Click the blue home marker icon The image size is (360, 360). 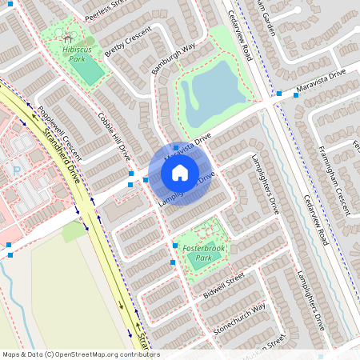pyautogui.click(x=180, y=172)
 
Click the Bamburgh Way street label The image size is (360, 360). pyautogui.click(x=174, y=59)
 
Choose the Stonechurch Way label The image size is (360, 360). pyautogui.click(x=239, y=319)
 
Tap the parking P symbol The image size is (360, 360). pyautogui.click(x=17, y=170)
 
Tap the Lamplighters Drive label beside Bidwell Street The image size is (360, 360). pyautogui.click(x=308, y=296)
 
